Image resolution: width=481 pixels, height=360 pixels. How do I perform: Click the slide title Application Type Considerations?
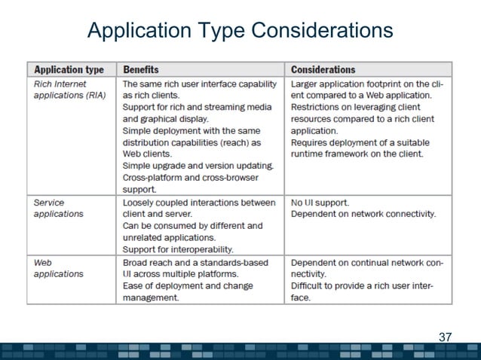(240, 31)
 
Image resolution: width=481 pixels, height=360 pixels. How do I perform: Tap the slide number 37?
(444, 337)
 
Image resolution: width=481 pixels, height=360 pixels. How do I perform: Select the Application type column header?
(69, 69)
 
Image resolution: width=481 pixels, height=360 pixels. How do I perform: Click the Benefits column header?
(141, 69)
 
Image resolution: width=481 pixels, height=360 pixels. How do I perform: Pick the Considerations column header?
(323, 69)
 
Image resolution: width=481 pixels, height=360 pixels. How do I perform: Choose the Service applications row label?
(58, 208)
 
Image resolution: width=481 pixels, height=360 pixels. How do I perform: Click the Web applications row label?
(58, 267)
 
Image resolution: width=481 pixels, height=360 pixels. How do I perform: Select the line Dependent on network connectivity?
(363, 214)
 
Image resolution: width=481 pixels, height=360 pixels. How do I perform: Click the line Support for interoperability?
(178, 249)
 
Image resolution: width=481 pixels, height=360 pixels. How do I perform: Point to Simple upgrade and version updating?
(198, 166)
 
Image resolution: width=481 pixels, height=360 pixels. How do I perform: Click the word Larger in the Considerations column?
(305, 84)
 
